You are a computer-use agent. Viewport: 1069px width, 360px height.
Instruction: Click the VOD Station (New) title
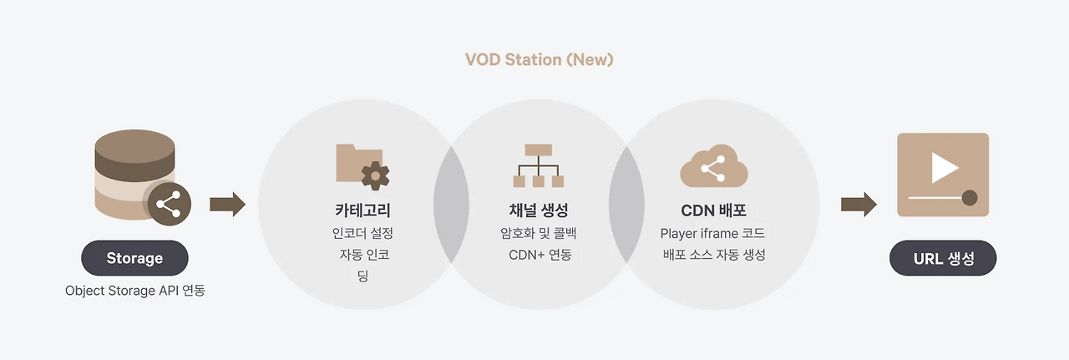(x=539, y=60)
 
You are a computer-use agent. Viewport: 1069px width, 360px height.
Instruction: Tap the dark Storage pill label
(x=134, y=258)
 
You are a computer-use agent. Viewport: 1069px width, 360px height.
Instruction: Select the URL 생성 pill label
(x=943, y=258)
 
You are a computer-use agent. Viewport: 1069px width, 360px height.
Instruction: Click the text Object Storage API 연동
(x=134, y=291)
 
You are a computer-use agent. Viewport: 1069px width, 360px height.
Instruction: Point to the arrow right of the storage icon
(x=227, y=204)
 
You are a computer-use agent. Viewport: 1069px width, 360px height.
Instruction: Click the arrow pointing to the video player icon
(x=859, y=204)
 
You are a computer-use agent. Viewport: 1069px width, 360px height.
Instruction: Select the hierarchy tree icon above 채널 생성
(x=539, y=165)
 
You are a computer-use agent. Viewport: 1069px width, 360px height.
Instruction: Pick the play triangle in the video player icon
(x=944, y=167)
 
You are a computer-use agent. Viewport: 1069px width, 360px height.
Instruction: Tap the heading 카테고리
(x=362, y=210)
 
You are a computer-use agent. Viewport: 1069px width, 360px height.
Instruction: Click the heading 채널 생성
(x=539, y=210)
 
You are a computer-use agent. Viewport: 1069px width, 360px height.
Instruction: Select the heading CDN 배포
(x=713, y=210)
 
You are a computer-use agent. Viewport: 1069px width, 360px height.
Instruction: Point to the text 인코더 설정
(x=362, y=233)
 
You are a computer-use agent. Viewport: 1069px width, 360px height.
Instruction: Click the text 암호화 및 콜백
(x=539, y=233)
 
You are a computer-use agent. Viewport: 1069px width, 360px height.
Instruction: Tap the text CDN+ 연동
(x=540, y=255)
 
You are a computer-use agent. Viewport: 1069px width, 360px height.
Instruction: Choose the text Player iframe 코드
(x=712, y=233)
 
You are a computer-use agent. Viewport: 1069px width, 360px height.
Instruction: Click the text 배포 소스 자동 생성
(x=712, y=255)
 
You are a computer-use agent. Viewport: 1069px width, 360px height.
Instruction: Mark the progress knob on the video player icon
(x=970, y=198)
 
